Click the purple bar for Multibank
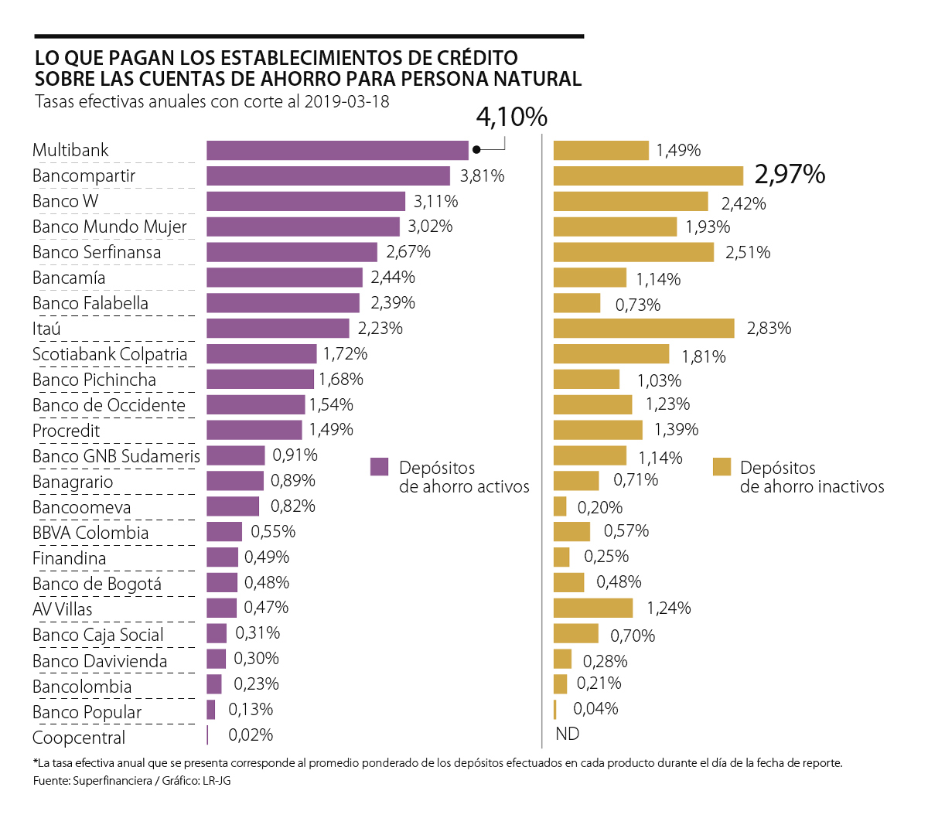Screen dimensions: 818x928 tap(337, 151)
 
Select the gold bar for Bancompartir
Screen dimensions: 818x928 tap(648, 176)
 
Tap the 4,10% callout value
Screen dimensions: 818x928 tap(511, 117)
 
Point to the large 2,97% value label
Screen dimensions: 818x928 tap(790, 175)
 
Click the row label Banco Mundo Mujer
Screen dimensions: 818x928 tap(110, 227)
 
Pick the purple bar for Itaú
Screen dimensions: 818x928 tap(278, 329)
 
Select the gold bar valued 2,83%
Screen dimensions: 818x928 tap(643, 329)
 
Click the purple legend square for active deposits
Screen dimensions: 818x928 tap(379, 467)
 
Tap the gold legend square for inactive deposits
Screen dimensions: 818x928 tap(722, 467)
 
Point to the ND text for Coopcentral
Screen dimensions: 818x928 tap(567, 734)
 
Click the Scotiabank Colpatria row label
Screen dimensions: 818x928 tap(110, 354)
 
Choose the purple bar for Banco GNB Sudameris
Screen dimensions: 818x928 tap(235, 455)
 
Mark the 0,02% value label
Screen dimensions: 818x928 tap(251, 735)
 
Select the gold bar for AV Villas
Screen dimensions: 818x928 tap(593, 608)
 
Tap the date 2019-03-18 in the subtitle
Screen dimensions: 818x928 tap(346, 101)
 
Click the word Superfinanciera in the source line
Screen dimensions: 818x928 tap(112, 781)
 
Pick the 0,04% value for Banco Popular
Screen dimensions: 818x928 tap(595, 709)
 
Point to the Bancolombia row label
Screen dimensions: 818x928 tap(82, 687)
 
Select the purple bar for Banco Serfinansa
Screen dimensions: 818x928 tap(292, 252)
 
